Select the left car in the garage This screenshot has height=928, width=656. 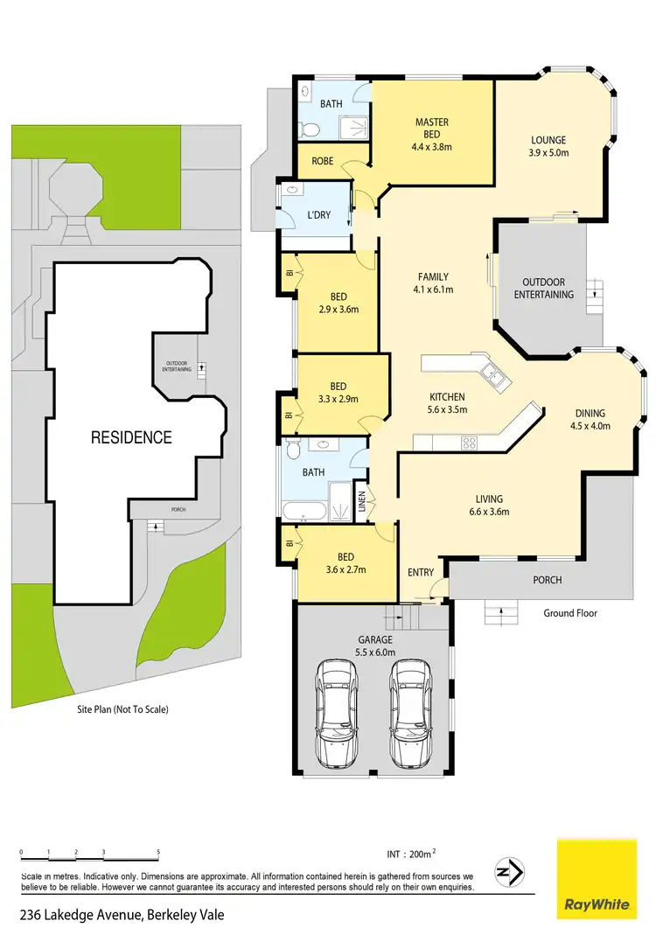(x=337, y=712)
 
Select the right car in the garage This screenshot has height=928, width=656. (x=409, y=712)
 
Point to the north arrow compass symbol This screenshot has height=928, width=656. (x=508, y=872)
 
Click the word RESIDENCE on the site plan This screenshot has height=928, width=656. (x=131, y=437)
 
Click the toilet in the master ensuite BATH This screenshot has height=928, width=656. (x=308, y=130)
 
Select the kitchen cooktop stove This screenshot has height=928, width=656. (x=469, y=442)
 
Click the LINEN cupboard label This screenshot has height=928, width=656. (x=362, y=505)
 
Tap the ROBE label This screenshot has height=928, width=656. (x=321, y=161)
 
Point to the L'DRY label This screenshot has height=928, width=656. (x=318, y=214)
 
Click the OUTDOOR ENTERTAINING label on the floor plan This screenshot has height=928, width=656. (x=543, y=289)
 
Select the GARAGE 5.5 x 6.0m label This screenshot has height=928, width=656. (x=374, y=645)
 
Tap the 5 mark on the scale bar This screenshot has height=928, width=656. (x=158, y=851)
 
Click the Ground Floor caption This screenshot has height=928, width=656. (x=569, y=613)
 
